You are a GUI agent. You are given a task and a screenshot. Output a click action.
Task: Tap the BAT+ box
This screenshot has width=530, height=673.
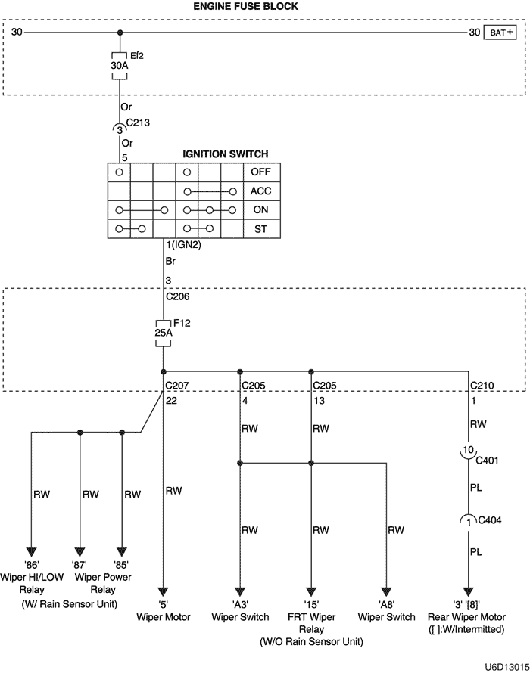pos(502,33)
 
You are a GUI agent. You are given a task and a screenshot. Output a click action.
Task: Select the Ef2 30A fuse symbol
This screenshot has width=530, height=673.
pos(120,65)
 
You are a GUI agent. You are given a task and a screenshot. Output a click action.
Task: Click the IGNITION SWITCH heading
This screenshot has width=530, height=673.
pos(225,154)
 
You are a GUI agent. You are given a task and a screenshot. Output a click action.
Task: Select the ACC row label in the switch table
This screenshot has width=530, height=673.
pos(260,191)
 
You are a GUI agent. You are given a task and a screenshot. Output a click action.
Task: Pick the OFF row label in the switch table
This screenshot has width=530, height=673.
pos(260,172)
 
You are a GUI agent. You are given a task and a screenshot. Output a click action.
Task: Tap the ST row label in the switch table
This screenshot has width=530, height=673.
pos(260,228)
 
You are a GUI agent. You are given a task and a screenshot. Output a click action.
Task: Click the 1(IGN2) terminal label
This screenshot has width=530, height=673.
pos(183,245)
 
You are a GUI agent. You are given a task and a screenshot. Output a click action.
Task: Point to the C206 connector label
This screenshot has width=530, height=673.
pos(177,297)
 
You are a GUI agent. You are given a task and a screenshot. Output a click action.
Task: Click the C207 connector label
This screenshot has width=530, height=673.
pos(177,385)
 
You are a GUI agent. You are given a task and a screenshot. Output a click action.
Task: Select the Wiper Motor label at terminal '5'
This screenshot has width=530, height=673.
pos(164,616)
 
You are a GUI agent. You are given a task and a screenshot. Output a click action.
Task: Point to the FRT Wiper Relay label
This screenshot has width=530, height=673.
pos(311,622)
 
